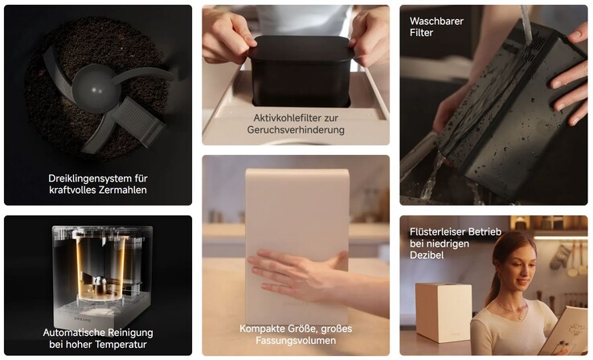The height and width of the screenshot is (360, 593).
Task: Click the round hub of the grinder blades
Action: tap(94, 88)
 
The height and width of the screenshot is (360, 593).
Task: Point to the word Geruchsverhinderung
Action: tap(296, 130)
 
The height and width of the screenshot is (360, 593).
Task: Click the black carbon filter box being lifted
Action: tap(301, 71)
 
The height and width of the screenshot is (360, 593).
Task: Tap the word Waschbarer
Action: tap(436, 21)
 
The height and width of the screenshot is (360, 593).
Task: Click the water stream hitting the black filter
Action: tap(526, 25)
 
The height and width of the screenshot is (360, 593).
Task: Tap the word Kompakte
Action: tap(260, 329)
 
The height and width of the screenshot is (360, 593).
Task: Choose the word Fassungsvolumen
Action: tap(296, 341)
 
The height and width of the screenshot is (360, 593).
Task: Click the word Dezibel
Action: tap(427, 256)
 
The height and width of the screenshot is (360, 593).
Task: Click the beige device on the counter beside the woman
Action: tap(444, 312)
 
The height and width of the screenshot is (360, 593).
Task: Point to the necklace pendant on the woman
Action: tap(521, 317)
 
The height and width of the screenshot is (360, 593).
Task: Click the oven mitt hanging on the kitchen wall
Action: tap(560, 257)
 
